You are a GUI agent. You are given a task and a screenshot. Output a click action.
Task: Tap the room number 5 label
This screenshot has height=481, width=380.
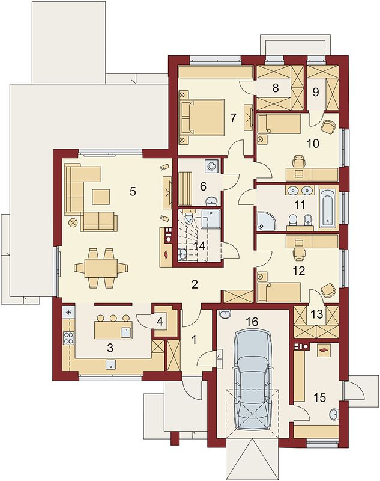[133, 191]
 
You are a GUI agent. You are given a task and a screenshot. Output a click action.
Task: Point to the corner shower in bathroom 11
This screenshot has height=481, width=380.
[266, 221]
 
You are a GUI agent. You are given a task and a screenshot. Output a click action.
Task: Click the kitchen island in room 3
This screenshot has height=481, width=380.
[113, 329]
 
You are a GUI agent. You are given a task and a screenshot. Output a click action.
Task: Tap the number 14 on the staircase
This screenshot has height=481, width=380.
[201, 246]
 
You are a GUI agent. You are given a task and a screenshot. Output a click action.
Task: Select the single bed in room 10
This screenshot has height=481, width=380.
[279, 124]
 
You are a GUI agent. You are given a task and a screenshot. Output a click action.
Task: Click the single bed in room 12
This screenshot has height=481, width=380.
[280, 292]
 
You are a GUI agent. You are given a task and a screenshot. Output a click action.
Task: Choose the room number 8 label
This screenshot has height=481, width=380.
[276, 88]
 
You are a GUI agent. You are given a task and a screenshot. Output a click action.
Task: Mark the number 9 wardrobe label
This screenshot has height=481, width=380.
[316, 92]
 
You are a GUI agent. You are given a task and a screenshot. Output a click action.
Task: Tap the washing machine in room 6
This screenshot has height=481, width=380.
[211, 166]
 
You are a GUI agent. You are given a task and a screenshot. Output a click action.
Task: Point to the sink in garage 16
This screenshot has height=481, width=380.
[225, 314]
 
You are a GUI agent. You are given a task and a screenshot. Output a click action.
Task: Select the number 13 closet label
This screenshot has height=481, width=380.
[316, 314]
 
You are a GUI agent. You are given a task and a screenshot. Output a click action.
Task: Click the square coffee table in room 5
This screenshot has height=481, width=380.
[101, 197]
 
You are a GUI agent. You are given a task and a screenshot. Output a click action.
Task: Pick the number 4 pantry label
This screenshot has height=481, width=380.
[160, 322]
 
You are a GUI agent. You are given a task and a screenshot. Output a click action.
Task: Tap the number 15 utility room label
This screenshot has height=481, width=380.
[319, 398]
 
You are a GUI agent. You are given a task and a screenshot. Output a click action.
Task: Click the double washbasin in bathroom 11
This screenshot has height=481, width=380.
[300, 191]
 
